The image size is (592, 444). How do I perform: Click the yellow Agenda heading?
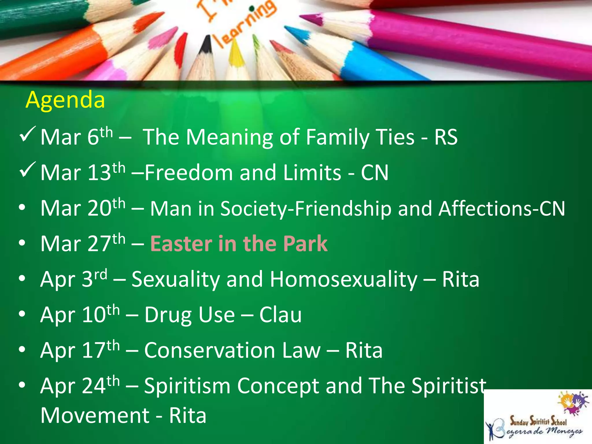(65, 100)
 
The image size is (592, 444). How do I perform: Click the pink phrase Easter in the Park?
(239, 244)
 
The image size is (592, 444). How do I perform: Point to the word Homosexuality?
(343, 280)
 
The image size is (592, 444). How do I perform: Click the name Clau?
(280, 315)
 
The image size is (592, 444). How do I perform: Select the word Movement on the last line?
(95, 415)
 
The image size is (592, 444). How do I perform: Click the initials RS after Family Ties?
(446, 137)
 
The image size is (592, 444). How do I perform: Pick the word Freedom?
(188, 173)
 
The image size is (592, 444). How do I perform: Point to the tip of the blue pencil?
(289, 29)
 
